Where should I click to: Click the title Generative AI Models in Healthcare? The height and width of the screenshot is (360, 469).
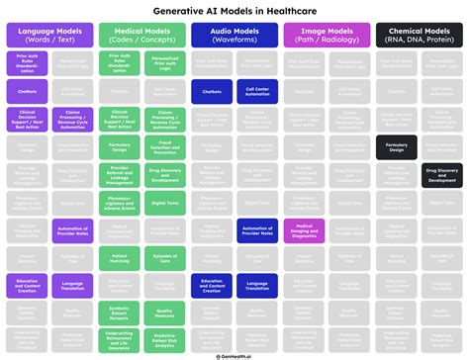234,9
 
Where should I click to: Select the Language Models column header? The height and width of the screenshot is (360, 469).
48,37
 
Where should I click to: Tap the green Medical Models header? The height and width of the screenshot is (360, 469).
141,37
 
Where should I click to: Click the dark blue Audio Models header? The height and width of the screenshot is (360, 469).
234,37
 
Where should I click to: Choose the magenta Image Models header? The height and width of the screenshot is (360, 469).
328,37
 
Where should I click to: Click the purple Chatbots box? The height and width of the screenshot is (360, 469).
27,89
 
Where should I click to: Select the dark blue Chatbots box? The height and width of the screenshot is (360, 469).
212,89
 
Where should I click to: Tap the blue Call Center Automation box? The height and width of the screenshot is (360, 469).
257,89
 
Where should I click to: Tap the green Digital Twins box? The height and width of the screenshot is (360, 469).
164,202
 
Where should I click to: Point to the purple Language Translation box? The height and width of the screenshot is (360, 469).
72,286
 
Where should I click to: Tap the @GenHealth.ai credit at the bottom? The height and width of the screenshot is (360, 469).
234,352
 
